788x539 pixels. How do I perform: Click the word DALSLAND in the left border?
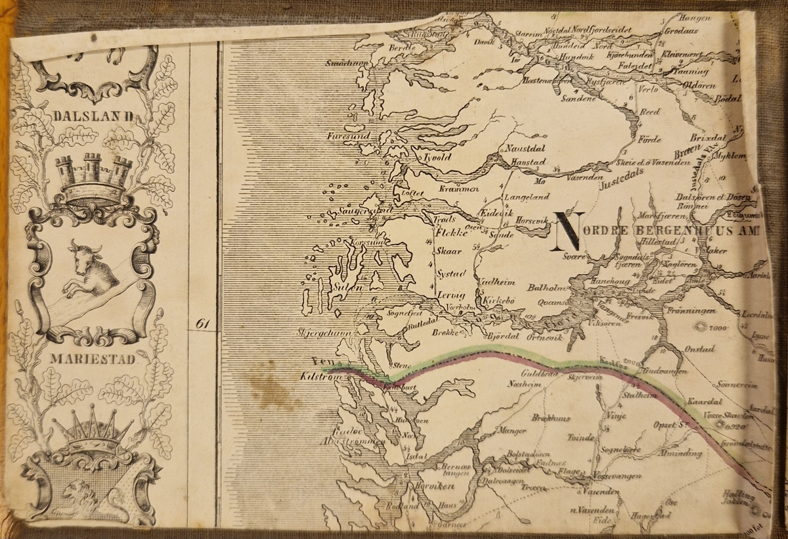(x=95, y=116)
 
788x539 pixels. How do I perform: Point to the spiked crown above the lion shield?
(x=92, y=430)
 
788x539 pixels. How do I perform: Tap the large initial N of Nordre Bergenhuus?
(x=569, y=231)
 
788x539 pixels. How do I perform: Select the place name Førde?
(x=647, y=139)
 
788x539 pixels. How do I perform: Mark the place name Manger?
(x=512, y=431)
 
